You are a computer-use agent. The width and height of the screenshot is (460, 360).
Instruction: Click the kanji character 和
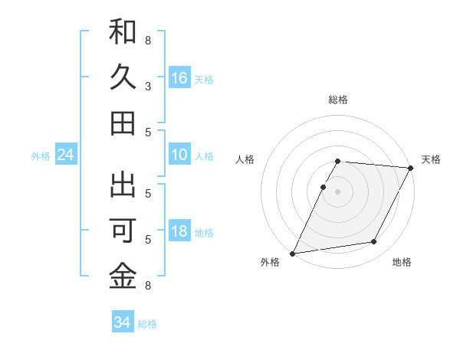tap(123, 32)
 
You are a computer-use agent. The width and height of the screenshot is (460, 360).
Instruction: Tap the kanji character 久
tap(123, 77)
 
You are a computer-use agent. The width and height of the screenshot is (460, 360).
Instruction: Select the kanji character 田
tap(123, 123)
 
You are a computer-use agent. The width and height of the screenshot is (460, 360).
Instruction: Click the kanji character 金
tap(123, 277)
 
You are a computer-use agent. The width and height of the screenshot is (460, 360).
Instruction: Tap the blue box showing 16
tap(179, 77)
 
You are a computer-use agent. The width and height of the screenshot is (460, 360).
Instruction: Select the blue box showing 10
tap(179, 155)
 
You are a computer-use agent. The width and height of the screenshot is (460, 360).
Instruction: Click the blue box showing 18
tap(179, 232)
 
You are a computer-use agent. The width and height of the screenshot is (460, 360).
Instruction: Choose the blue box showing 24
tap(65, 155)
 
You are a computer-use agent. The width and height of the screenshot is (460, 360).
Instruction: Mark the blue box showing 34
tap(122, 322)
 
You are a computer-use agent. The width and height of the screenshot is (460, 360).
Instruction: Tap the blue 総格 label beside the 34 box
tap(147, 324)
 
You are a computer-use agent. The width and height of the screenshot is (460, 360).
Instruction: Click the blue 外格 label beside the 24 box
tap(41, 156)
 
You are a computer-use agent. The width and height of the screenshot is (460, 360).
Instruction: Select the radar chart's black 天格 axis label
tap(431, 159)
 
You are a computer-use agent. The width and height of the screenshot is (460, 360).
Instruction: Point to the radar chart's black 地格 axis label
tap(402, 262)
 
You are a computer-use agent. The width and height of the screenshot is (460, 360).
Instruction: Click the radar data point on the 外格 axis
tap(292, 254)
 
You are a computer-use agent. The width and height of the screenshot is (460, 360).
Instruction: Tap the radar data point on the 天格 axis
tap(411, 168)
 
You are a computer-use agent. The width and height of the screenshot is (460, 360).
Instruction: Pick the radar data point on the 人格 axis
tap(324, 187)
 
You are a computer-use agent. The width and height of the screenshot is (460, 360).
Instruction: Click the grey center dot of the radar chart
tap(337, 191)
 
